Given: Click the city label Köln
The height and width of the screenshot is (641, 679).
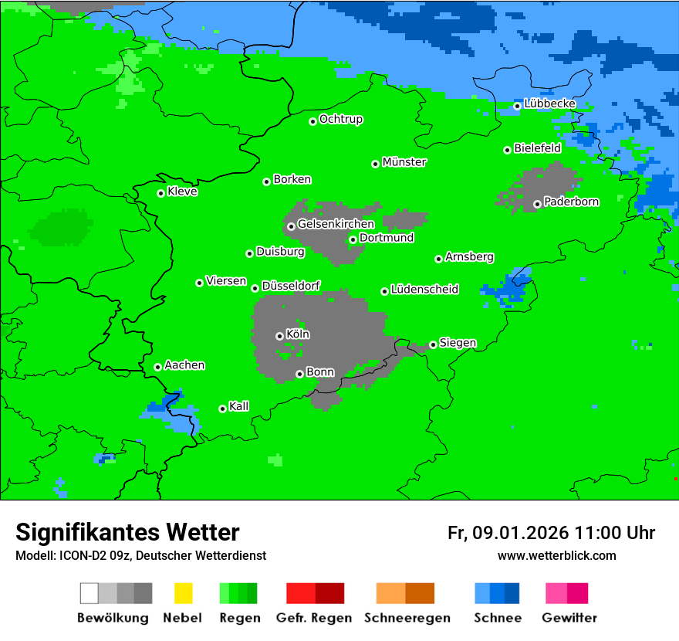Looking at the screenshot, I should coord(298,334).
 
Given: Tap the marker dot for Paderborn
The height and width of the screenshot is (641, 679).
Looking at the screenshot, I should coord(537,205).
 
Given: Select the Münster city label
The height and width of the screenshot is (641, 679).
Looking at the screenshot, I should coord(404,162).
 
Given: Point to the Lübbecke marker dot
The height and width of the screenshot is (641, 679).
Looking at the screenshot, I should coord(518,106).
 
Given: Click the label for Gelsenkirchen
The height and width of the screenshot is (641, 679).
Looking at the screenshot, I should coord(336,224).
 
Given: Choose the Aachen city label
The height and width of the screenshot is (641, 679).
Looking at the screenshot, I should coord(184,365).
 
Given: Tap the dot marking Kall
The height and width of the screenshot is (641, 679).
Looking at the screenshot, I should coord(222,409).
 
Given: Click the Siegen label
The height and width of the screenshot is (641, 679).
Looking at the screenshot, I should coord(458,343).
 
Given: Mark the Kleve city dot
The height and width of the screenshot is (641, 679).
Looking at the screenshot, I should coord(160,193).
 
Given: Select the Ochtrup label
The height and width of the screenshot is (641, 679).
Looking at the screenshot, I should coord(341,120).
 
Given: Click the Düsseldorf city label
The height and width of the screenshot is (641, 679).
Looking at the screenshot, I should coord(291,286).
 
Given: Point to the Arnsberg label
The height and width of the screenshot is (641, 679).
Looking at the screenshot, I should coord(469,256).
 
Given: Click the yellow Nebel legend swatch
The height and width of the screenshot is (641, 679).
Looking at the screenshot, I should coord(183,593).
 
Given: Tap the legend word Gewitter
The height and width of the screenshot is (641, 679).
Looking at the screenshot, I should coord(569,618).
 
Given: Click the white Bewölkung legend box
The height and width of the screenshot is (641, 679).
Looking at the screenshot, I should coord(90,593).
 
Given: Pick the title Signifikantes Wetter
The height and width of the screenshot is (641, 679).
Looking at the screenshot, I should coord(127,533).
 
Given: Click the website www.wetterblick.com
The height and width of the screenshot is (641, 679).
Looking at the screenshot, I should coord(557,556).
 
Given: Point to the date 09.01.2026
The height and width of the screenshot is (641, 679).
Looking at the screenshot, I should coord(521,533).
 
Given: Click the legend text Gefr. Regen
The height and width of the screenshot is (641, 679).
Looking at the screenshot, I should coord(314,618).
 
